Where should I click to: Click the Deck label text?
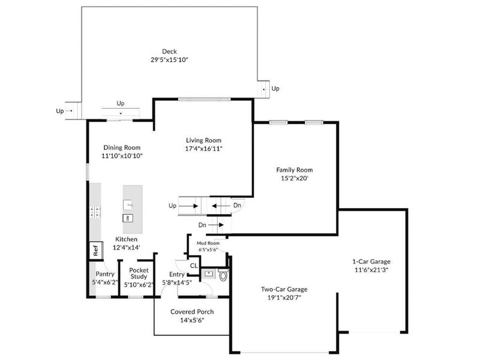tap(170, 51)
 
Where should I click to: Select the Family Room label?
tap(294, 170)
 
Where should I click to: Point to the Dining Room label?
tap(122, 147)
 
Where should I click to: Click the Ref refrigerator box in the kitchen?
tap(95, 250)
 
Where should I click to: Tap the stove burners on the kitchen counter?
tap(95, 211)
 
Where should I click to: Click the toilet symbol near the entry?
tap(223, 276)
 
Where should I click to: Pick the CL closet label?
tap(194, 265)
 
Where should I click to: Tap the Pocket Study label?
tap(139, 274)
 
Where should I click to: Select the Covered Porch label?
tap(192, 312)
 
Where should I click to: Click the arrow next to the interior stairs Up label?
tap(191, 206)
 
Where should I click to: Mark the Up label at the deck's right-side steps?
tap(275, 89)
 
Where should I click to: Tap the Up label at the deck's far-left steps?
tap(59, 110)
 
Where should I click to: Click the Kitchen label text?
tap(127, 239)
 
